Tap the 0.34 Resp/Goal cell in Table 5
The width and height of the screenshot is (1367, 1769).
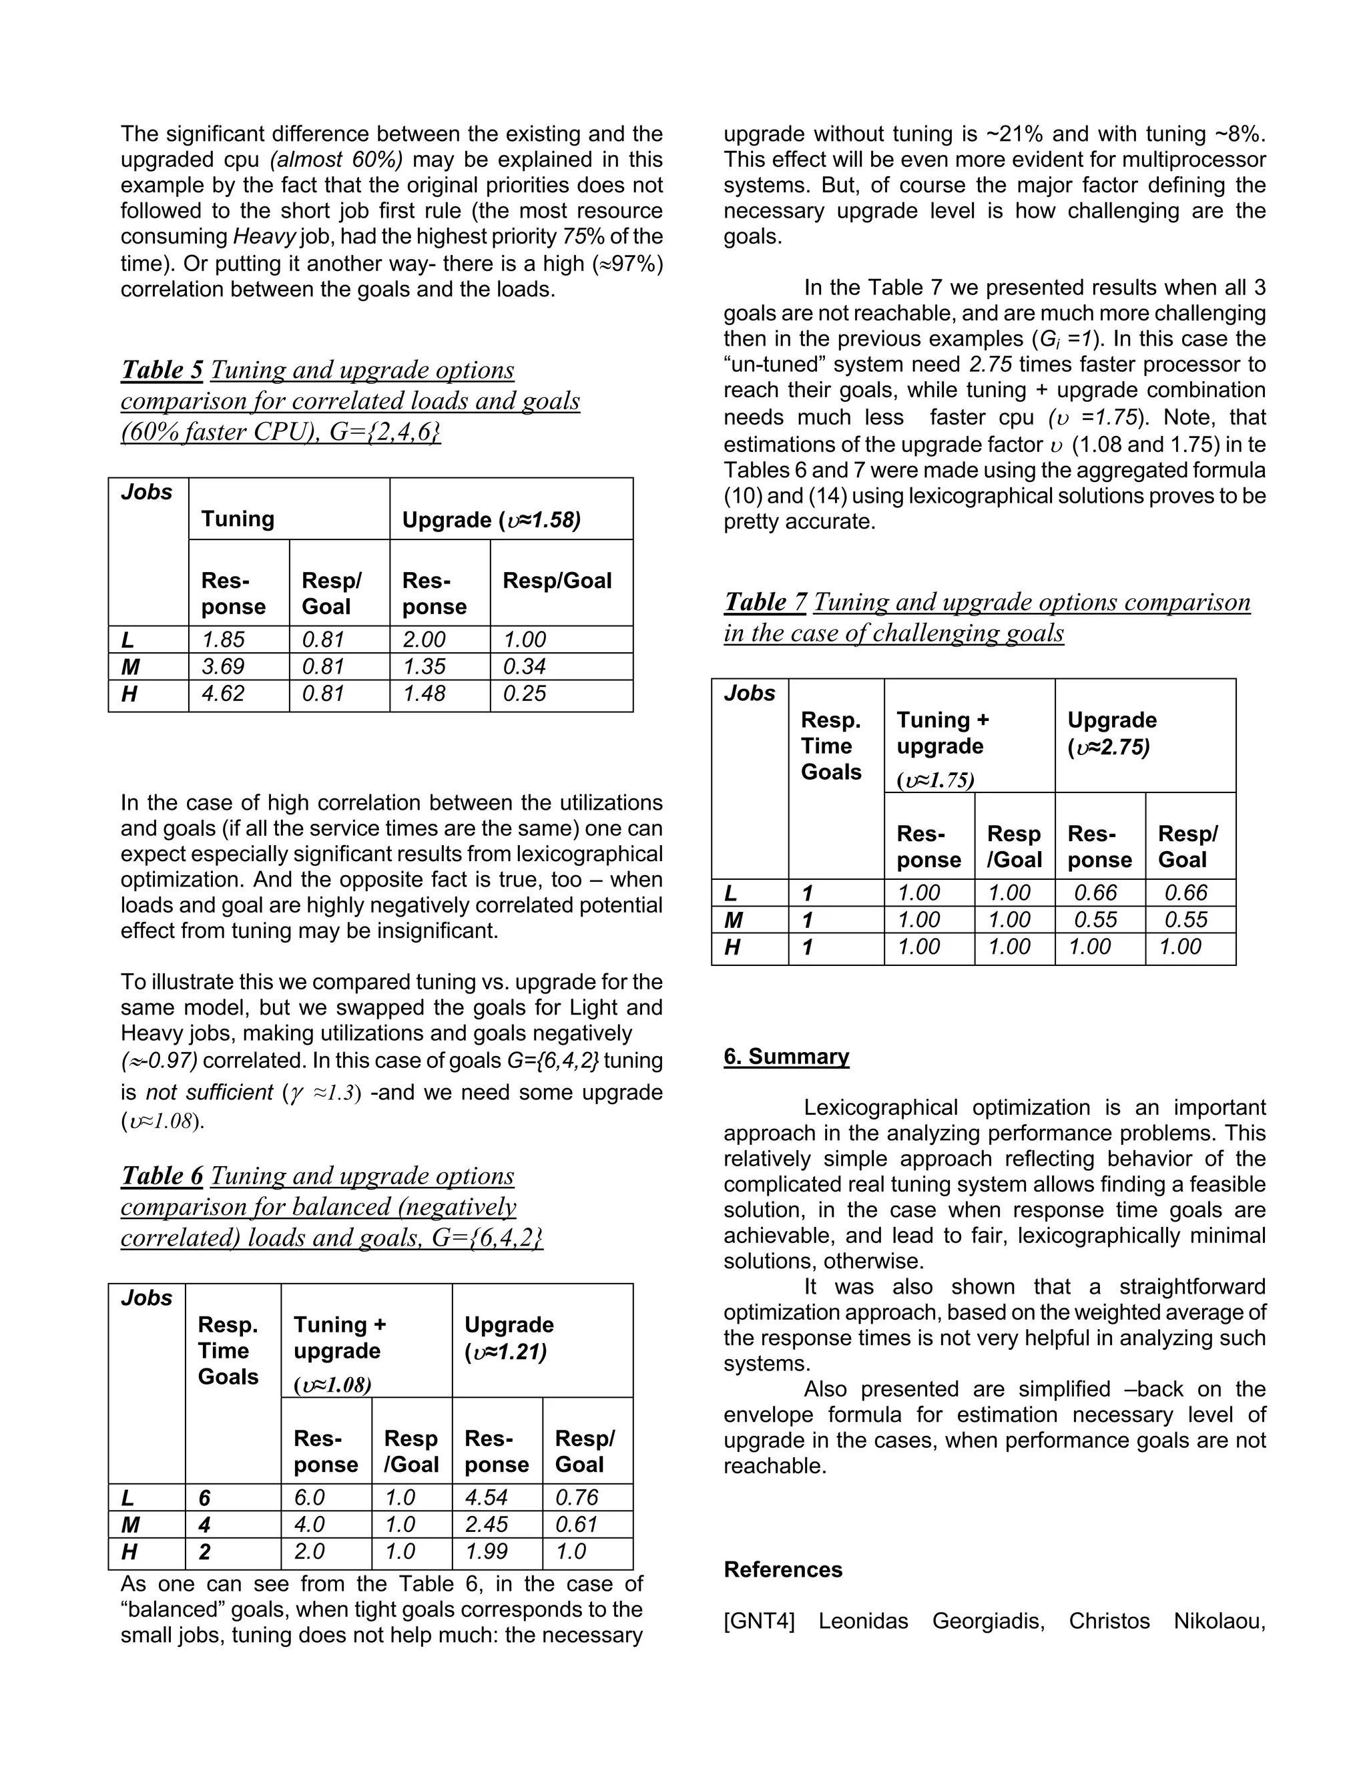pos(524,667)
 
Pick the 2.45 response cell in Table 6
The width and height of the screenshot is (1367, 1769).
pos(486,1525)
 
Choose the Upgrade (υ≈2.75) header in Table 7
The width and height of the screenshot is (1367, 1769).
pos(1111,733)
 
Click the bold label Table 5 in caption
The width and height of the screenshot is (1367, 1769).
pos(162,370)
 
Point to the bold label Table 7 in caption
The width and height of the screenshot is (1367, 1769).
pos(766,602)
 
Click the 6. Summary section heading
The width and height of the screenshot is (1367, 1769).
pos(786,1056)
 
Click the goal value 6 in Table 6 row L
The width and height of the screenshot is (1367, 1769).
pos(204,1498)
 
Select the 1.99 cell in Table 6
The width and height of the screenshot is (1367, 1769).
pos(486,1551)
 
